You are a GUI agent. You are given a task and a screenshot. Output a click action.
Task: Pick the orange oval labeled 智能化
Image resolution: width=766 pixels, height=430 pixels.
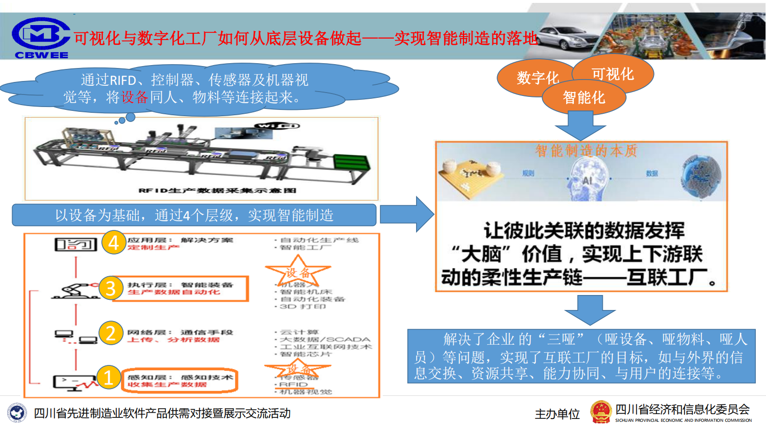[x=584, y=98]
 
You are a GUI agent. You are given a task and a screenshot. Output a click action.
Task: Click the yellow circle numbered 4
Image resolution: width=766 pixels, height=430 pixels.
[x=113, y=242]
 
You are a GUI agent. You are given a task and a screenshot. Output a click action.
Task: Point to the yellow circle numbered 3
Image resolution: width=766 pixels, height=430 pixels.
[x=111, y=288]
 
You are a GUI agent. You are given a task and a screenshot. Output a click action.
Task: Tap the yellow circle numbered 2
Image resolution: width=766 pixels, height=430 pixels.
[x=111, y=333]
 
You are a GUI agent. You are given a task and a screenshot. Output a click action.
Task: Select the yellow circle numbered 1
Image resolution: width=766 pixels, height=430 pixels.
[x=108, y=377]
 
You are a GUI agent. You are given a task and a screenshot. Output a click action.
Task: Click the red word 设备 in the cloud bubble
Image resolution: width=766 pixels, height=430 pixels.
[x=135, y=97]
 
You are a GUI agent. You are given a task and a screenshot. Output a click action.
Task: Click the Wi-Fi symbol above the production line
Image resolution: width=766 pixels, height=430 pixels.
[x=278, y=126]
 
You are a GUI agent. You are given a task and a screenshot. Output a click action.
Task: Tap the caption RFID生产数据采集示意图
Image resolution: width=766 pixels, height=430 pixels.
[x=217, y=190]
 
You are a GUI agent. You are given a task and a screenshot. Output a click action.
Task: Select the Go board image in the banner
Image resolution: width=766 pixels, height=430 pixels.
[x=471, y=176]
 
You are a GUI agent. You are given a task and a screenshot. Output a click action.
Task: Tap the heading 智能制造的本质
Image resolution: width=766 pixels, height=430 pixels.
[x=586, y=151]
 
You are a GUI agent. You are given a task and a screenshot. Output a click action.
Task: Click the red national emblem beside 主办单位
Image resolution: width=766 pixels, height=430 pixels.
[x=601, y=413]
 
